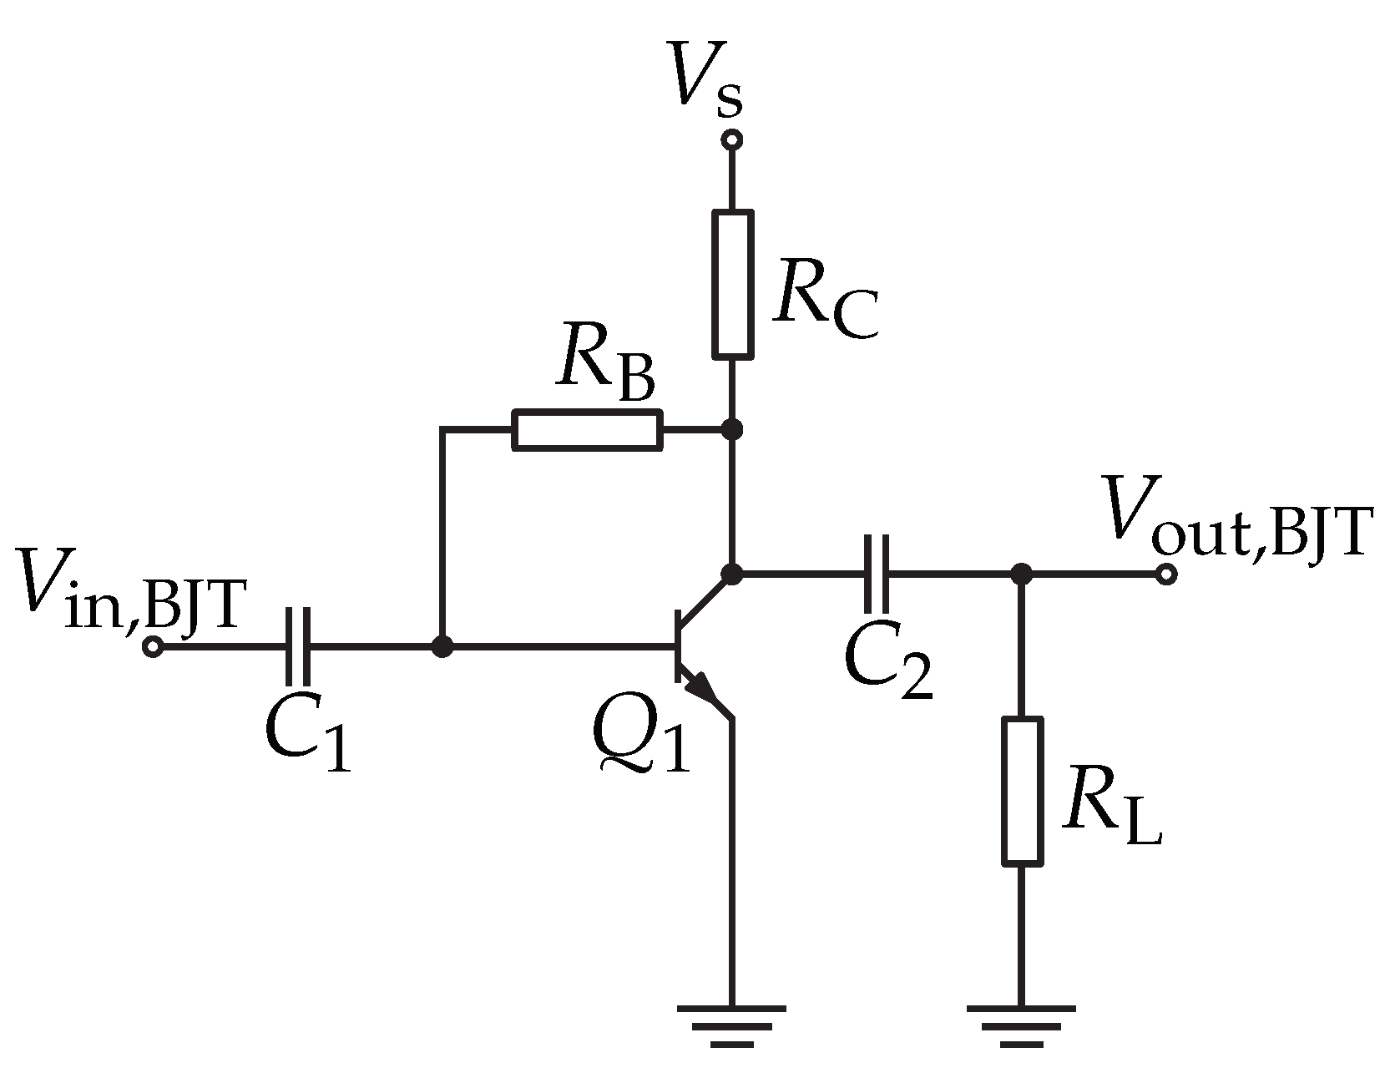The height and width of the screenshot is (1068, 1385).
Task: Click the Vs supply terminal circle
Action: tap(732, 140)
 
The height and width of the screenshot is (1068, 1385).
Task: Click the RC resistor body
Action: tap(732, 285)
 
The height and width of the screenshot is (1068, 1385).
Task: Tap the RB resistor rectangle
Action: tap(587, 430)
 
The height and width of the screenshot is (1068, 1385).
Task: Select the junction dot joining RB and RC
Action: tap(732, 430)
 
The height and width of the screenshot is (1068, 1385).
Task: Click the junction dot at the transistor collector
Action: tap(732, 574)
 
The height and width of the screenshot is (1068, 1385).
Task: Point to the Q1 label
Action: tap(640, 734)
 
